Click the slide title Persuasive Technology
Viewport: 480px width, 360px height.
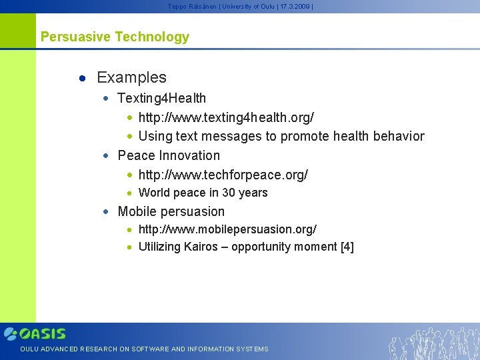(115, 37)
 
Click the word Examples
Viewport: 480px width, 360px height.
(131, 77)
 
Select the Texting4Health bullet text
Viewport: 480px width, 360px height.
(161, 98)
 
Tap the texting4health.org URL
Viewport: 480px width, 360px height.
(226, 117)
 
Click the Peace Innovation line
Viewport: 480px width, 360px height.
(168, 155)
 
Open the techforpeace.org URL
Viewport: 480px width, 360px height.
(223, 175)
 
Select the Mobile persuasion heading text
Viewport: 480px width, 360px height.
(171, 211)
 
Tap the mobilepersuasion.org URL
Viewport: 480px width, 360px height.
(227, 229)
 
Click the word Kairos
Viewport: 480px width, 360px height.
(201, 247)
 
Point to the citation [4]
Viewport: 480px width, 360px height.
(347, 247)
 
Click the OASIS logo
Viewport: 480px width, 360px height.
(35, 333)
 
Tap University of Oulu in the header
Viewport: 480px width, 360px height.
(246, 6)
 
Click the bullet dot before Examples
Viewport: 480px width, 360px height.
(82, 78)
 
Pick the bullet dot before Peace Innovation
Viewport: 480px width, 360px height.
(105, 156)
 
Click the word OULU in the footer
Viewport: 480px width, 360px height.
(29, 349)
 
